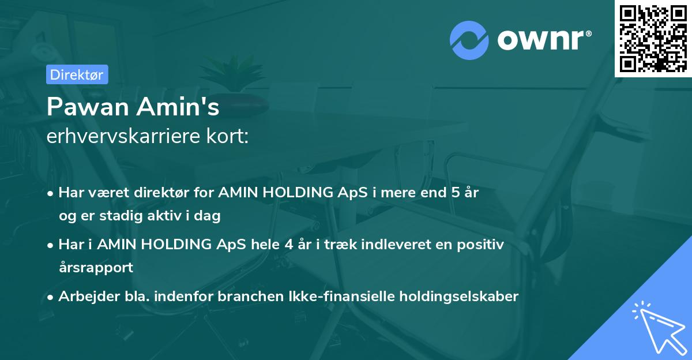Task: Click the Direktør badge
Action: pyautogui.click(x=77, y=74)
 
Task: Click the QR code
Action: pyautogui.click(x=653, y=38)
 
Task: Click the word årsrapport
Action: pyautogui.click(x=96, y=267)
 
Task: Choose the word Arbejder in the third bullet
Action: pyautogui.click(x=85, y=297)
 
